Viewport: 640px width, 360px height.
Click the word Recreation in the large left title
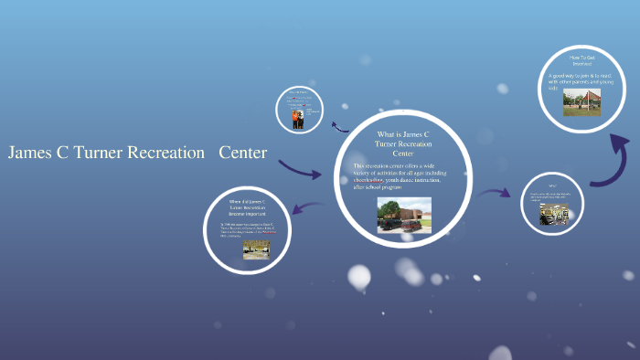165,153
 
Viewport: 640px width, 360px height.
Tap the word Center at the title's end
242,153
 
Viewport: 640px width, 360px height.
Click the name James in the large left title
30,153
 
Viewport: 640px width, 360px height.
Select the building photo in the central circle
403,215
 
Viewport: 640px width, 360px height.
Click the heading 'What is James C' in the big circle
403,133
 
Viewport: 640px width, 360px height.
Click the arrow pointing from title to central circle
300,169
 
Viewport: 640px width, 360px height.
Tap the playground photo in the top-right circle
581,102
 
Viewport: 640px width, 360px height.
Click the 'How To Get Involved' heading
582,61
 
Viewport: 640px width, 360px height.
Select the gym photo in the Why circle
553,213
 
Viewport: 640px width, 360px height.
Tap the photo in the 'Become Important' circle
256,249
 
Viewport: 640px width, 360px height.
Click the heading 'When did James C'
247,200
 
